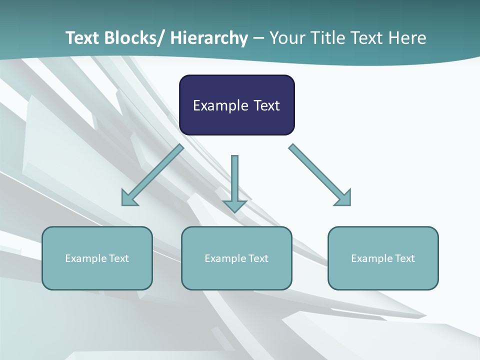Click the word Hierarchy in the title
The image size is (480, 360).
209,38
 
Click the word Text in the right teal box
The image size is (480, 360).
404,258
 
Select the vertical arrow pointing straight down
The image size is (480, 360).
234,180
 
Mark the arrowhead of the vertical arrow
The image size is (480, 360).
234,206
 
